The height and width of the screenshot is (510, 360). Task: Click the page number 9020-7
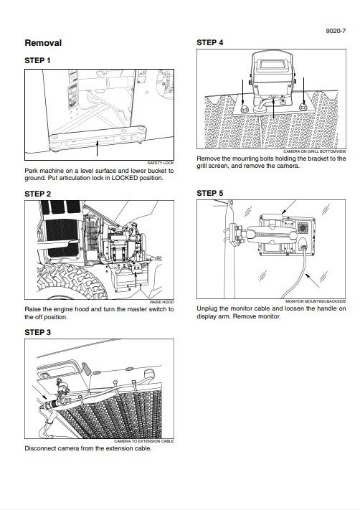point(336,31)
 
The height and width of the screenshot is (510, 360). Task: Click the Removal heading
point(43,43)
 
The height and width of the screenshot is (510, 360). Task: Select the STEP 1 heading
point(37,60)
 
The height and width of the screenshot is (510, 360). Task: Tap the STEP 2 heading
point(38,194)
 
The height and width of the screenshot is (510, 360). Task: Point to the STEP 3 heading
point(38,332)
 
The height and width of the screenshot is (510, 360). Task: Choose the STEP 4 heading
point(209,42)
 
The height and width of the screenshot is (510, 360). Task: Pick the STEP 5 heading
point(209,193)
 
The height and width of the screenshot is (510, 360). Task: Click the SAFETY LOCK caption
point(161,163)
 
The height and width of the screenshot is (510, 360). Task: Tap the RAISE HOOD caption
point(161,302)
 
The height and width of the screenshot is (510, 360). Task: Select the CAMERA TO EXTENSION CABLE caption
point(143,441)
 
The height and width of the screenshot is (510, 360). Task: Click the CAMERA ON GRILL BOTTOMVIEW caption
point(315,151)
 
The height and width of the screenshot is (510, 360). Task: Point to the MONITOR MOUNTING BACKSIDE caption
point(316,301)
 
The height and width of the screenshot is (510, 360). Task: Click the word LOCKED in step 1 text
point(125,178)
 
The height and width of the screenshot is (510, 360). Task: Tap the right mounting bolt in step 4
point(303,106)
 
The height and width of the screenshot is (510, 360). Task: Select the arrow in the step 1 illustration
point(97,148)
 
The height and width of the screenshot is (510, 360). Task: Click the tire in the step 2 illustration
point(71,282)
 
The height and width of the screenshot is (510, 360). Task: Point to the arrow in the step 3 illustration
point(42,394)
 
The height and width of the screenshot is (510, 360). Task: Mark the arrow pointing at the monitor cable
point(313,280)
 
